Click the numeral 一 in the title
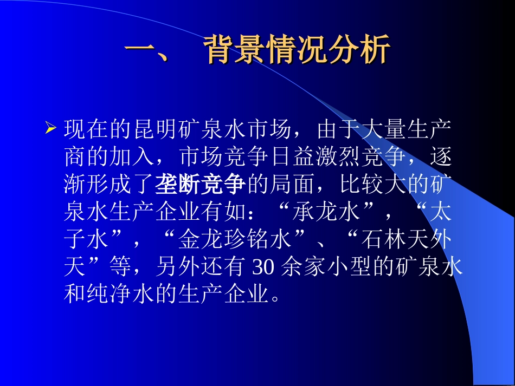[x=140, y=52]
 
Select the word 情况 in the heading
[x=298, y=52]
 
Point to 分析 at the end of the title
[x=359, y=52]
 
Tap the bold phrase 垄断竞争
[x=201, y=185]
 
